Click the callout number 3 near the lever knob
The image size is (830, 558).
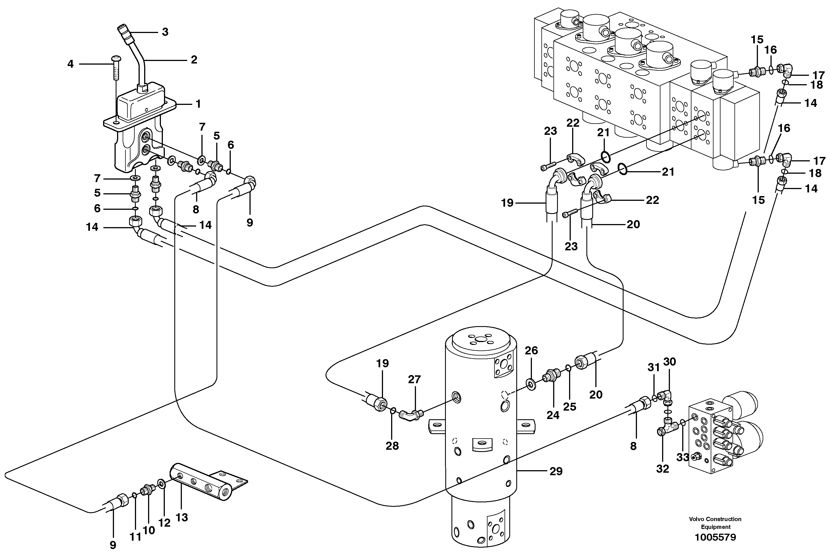pyautogui.click(x=165, y=32)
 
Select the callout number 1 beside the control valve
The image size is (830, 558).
pyautogui.click(x=198, y=104)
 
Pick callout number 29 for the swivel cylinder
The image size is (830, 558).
pyautogui.click(x=556, y=471)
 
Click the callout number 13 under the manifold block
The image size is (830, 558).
pyautogui.click(x=182, y=517)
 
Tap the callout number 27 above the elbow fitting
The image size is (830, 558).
pyautogui.click(x=414, y=380)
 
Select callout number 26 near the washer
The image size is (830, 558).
pyautogui.click(x=531, y=350)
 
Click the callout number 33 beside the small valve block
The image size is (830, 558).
pyautogui.click(x=682, y=457)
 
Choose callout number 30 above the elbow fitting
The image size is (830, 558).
pyautogui.click(x=669, y=362)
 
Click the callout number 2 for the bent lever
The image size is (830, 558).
pyautogui.click(x=194, y=60)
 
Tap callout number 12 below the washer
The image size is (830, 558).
pyautogui.click(x=164, y=523)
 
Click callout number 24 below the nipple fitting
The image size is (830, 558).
pyautogui.click(x=553, y=415)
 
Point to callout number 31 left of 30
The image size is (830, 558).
pyautogui.click(x=653, y=368)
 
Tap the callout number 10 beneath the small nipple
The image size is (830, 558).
pyautogui.click(x=149, y=530)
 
